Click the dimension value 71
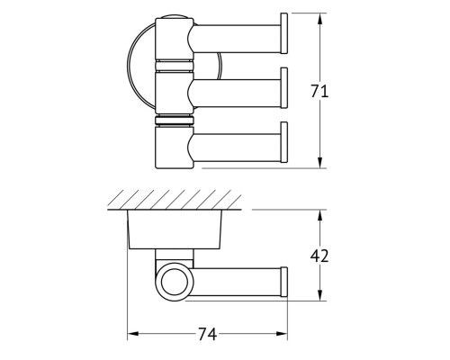click(319, 91)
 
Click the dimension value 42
click(319, 256)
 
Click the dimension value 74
click(207, 334)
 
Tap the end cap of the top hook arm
click(283, 33)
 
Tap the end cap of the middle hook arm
click(283, 88)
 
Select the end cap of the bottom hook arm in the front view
click(283, 142)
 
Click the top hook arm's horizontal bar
click(237, 39)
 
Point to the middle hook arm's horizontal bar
click(237, 94)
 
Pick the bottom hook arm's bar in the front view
click(237, 148)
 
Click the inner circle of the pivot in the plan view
click(173, 283)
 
